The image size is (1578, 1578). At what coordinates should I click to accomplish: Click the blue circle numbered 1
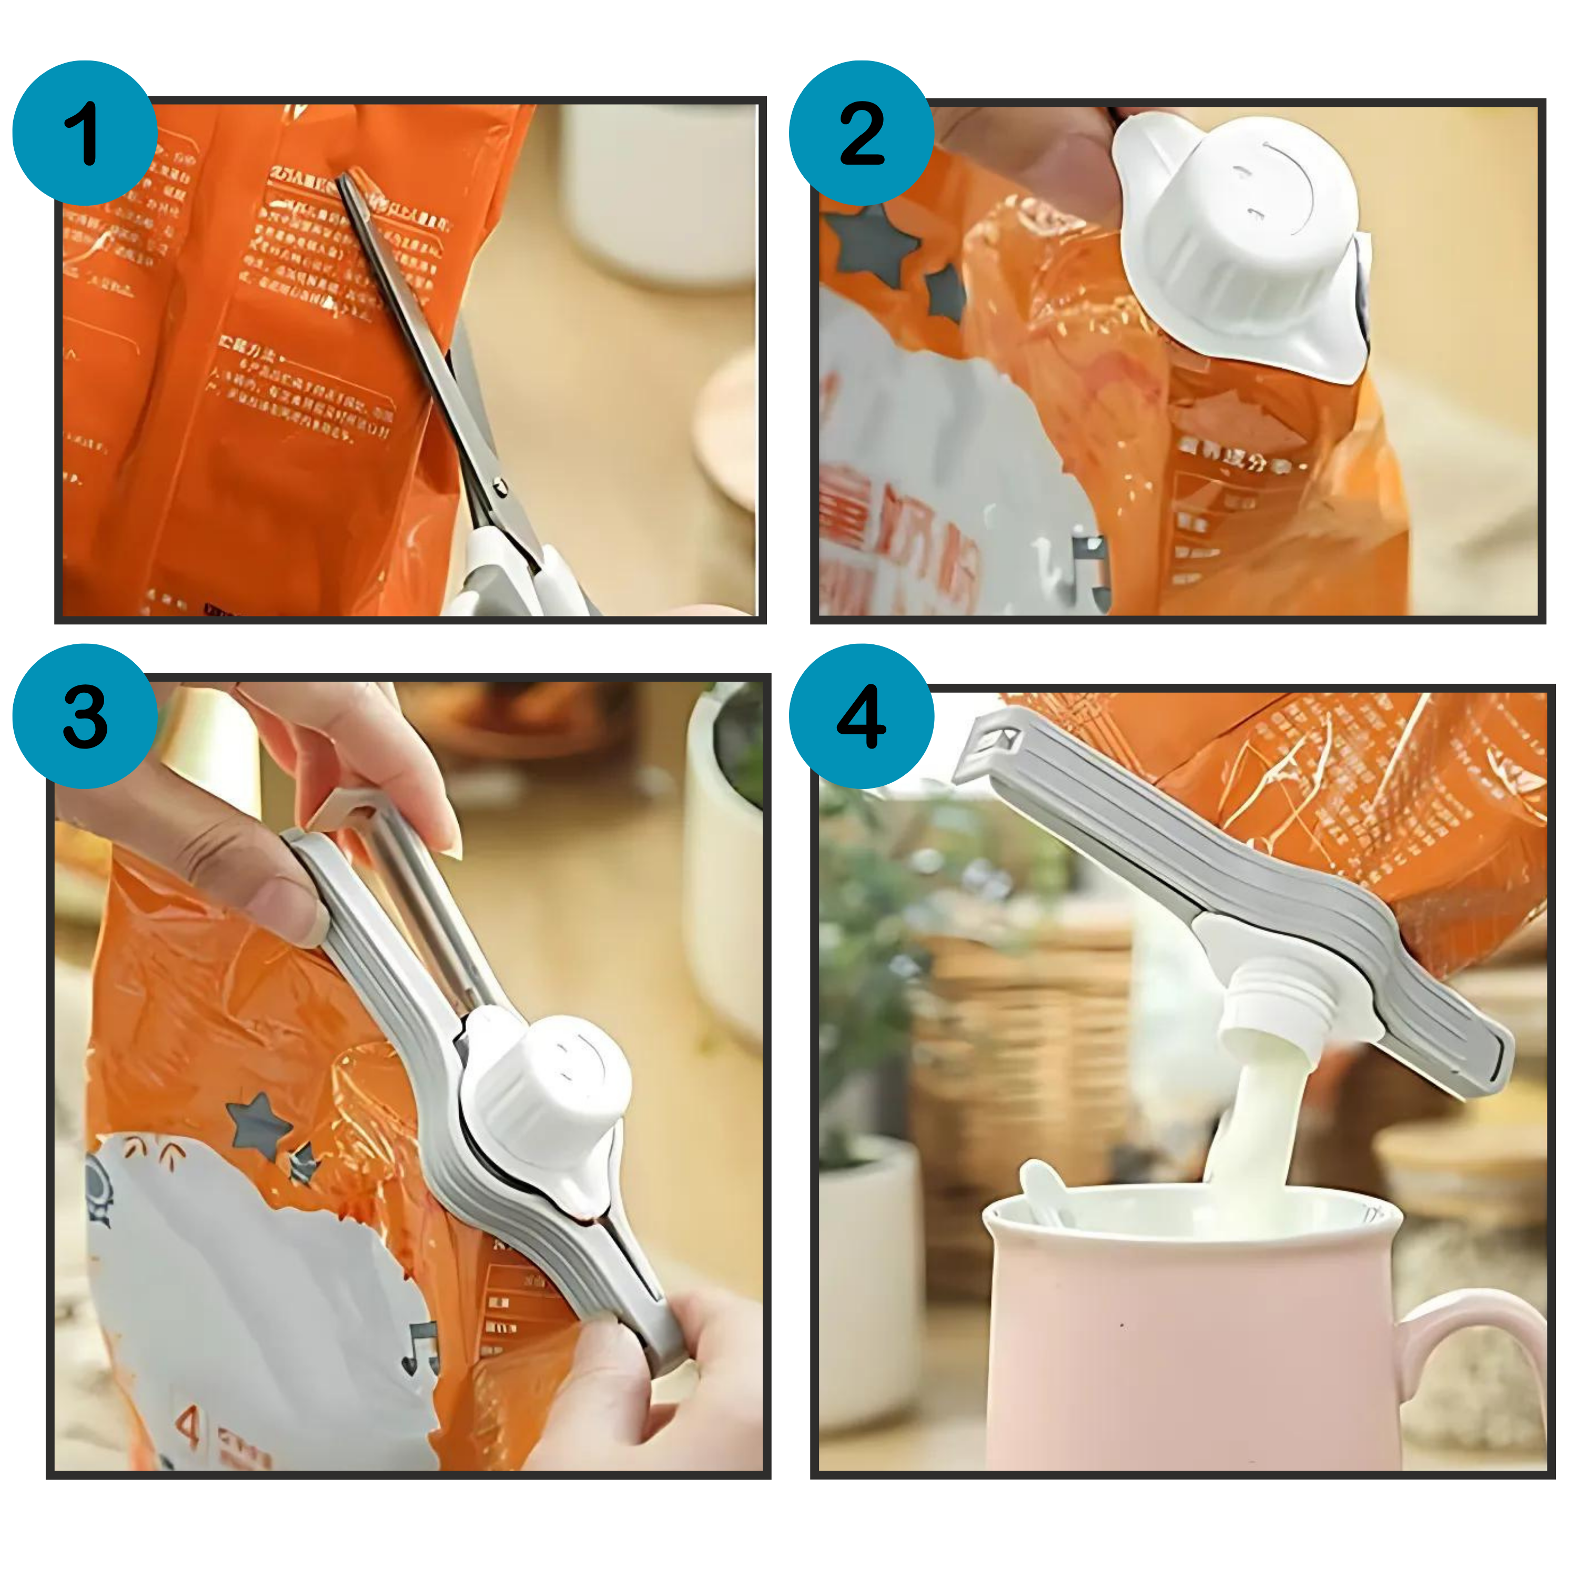click(x=84, y=133)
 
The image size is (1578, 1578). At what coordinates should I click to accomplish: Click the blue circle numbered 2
click(x=861, y=133)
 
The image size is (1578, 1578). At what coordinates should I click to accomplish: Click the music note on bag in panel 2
click(x=1089, y=563)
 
